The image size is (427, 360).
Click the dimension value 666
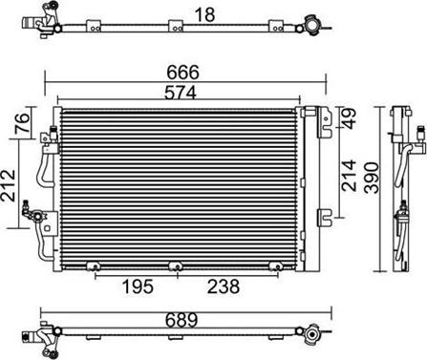coord(182,73)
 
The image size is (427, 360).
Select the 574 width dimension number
coord(181,93)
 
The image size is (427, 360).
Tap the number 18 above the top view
coord(204,14)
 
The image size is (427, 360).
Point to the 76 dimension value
coord(24,122)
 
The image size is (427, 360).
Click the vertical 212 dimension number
coord(9,185)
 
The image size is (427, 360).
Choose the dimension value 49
coord(348,118)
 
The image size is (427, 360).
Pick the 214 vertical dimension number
coord(349,176)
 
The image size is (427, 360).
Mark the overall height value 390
coord(372,178)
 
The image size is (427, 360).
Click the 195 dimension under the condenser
coord(138,286)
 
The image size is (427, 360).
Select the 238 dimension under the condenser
coord(224,286)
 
